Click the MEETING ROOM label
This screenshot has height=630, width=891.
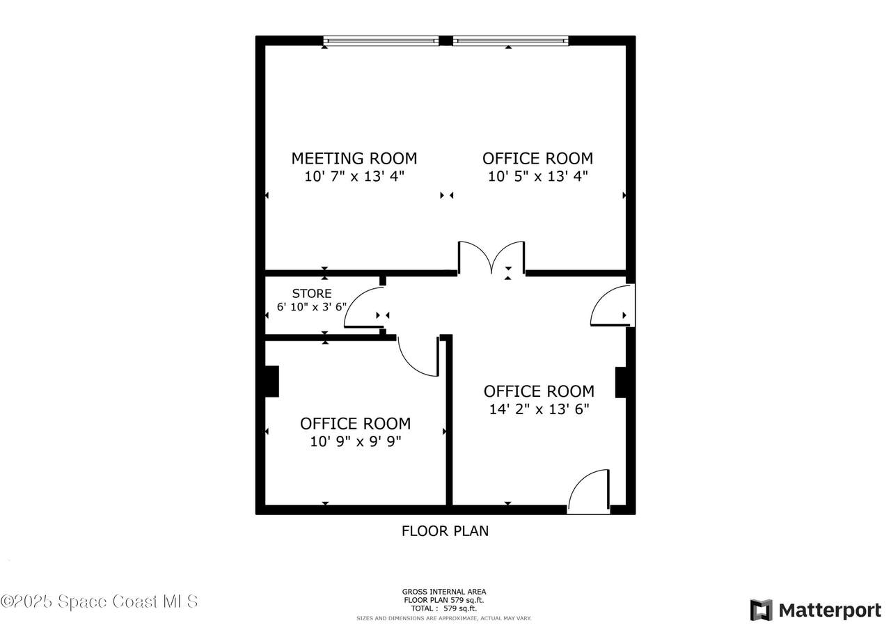pos(354,158)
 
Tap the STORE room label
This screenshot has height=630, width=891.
pos(312,294)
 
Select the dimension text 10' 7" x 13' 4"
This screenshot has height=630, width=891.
pos(354,176)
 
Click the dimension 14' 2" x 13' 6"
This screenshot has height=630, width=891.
pos(539,409)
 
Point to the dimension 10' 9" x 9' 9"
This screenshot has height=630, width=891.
pos(356,441)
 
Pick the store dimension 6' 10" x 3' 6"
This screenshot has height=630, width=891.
pos(312,307)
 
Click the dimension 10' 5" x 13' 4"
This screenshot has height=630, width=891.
pos(538,176)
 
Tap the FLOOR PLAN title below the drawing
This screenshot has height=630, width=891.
pos(445,531)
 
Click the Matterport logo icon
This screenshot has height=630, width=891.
pos(762,610)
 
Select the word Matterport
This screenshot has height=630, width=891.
pos(830,611)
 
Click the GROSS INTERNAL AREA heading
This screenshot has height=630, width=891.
pos(444,592)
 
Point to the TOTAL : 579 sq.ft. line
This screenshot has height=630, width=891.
pos(444,608)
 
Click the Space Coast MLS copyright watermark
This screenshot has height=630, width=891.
pos(99,601)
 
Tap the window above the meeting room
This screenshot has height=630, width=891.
pos(381,41)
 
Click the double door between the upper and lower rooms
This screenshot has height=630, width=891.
pos(491,258)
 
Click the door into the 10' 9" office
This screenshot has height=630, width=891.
pos(418,356)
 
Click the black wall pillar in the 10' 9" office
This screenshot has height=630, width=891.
pos(272,381)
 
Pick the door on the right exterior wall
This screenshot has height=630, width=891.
pos(613,306)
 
